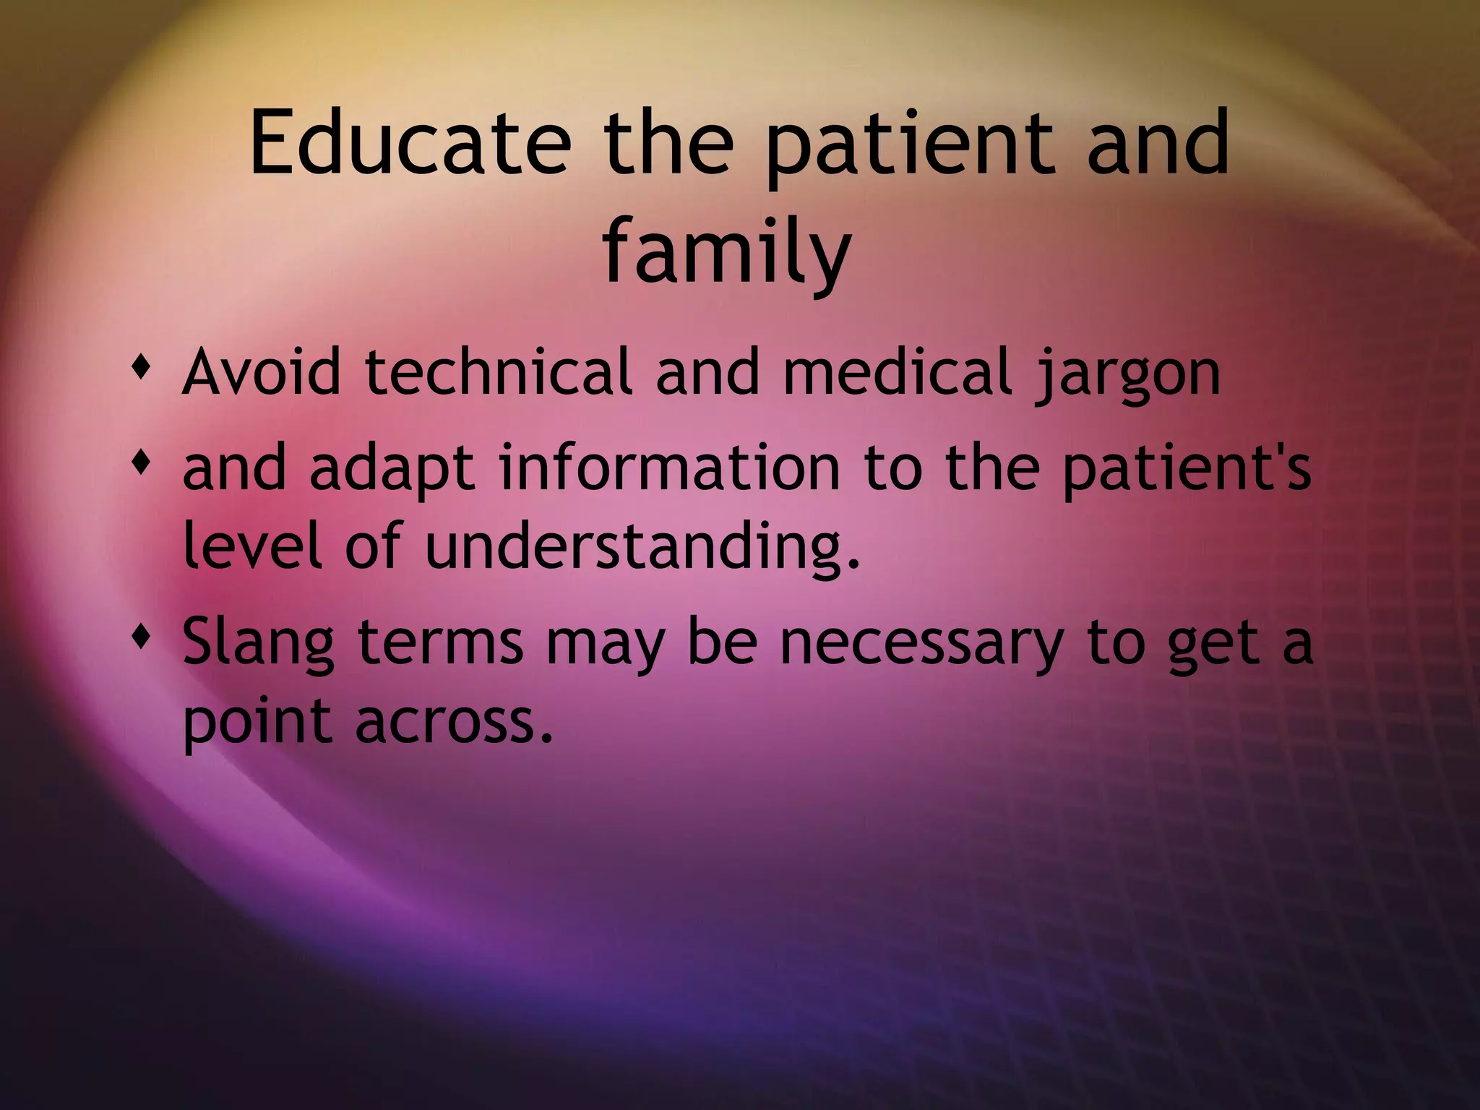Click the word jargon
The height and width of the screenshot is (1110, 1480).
(x=1128, y=374)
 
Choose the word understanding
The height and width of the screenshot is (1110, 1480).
(x=643, y=546)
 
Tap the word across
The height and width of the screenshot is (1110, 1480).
(x=454, y=721)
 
